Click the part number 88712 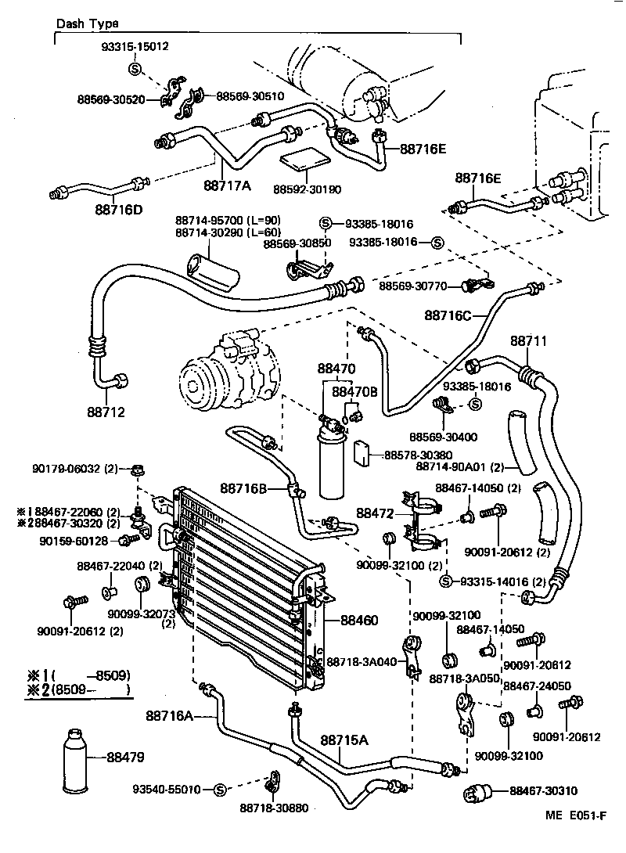106,412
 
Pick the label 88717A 227,185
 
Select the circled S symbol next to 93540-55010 219,789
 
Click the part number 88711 529,341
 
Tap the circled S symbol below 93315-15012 133,69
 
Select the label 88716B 243,488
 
